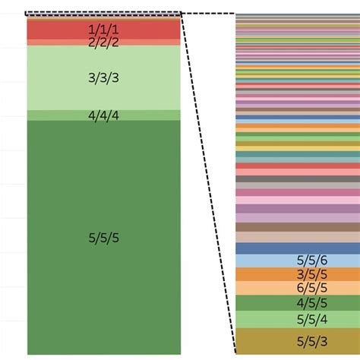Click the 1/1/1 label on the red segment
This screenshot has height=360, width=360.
(103, 29)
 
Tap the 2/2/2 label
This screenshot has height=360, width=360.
(103, 43)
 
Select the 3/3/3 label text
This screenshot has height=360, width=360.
(103, 77)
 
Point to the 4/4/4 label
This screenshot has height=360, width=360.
(103, 116)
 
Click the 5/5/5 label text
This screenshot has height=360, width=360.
(103, 238)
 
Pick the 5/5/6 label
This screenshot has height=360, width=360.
(312, 261)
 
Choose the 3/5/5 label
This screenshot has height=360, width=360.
(312, 274)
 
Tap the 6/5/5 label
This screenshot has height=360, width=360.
(312, 288)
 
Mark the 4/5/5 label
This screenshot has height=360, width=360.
(312, 303)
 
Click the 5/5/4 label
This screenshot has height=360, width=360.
(312, 319)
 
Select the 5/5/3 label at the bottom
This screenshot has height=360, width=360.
(312, 340)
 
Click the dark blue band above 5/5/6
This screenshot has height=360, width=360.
(296, 248)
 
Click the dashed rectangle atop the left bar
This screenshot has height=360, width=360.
(103, 13)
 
